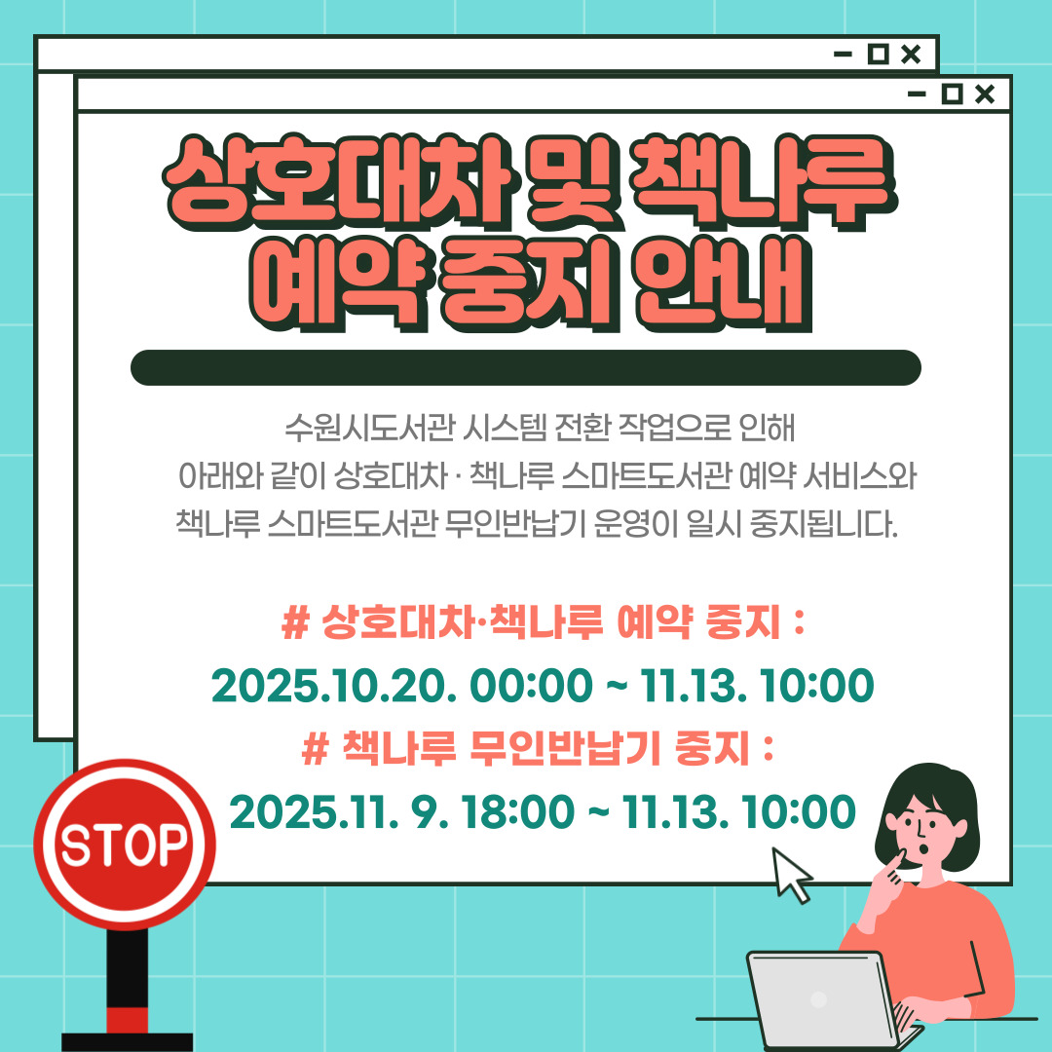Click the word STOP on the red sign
tap(124, 845)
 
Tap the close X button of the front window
tap(985, 94)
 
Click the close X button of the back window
tap(910, 55)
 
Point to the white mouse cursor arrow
tap(791, 875)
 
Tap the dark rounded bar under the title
tap(526, 367)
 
